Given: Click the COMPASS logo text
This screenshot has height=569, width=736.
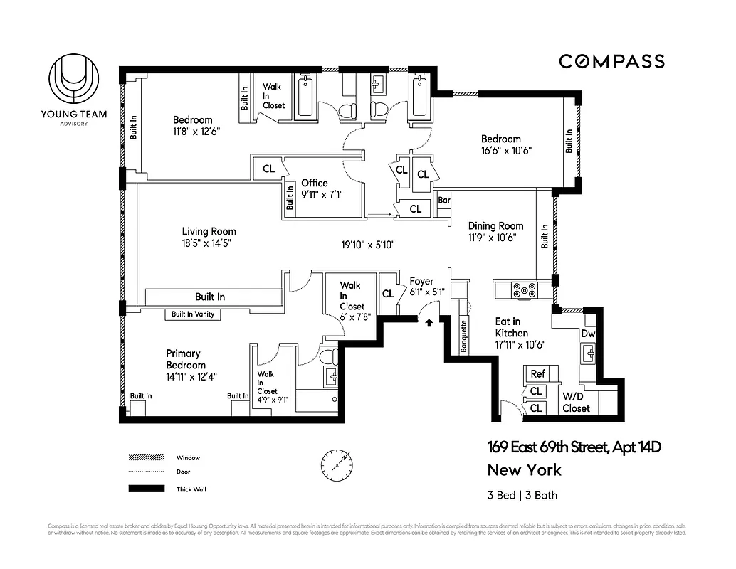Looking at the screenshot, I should [x=611, y=61].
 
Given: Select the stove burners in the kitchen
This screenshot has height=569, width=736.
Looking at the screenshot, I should [x=523, y=289].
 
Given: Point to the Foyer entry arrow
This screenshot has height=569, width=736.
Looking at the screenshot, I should [x=429, y=323].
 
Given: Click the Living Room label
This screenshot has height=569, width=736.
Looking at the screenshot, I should [x=209, y=231].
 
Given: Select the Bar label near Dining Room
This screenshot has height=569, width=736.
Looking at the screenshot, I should [x=444, y=201].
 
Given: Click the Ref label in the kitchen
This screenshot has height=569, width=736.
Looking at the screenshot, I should [x=537, y=373].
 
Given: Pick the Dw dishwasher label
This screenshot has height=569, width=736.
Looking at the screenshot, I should [x=588, y=334].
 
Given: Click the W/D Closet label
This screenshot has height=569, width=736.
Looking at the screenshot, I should [x=577, y=402].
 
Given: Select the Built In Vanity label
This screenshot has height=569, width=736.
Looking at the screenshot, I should [x=193, y=314].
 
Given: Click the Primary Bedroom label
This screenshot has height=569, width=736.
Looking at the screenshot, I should [x=186, y=359].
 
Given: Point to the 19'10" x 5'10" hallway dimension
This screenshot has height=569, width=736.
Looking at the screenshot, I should [x=367, y=244].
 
